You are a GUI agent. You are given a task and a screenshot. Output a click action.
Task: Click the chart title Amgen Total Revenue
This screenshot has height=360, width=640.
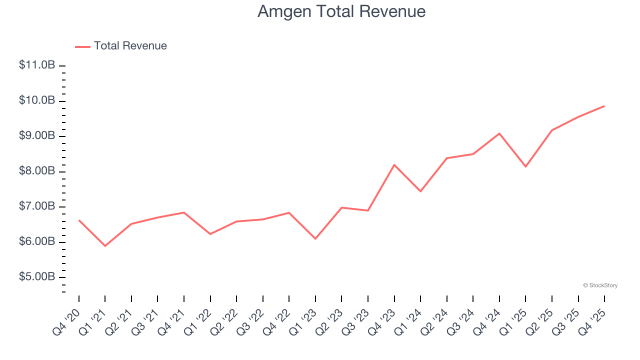pyautogui.click(x=341, y=11)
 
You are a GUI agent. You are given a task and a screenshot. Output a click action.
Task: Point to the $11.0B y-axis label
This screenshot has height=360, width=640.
pyautogui.click(x=37, y=65)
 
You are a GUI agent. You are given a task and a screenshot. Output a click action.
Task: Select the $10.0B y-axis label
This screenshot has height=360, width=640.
pyautogui.click(x=37, y=100)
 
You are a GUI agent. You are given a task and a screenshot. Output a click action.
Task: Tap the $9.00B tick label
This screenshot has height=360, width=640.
pyautogui.click(x=37, y=136)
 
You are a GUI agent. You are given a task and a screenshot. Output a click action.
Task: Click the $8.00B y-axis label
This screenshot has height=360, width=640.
pyautogui.click(x=37, y=171)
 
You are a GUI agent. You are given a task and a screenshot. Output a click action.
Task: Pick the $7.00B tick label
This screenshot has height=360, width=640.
pyautogui.click(x=37, y=206)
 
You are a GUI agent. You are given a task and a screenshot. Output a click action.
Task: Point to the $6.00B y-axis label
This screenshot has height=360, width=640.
pyautogui.click(x=37, y=242)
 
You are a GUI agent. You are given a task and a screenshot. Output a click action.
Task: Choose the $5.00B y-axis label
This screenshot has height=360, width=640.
pyautogui.click(x=37, y=277)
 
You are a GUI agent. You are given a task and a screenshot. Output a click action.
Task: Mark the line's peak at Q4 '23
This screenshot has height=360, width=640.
pyautogui.click(x=394, y=164)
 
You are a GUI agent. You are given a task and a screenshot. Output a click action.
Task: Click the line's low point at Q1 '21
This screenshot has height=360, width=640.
pyautogui.click(x=105, y=246)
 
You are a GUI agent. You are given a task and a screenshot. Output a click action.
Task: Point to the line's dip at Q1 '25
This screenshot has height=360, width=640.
pyautogui.click(x=525, y=166)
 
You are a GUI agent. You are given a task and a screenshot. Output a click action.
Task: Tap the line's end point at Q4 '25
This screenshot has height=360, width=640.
pyautogui.click(x=604, y=106)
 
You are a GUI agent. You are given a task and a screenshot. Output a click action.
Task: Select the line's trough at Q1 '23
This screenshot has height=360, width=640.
pyautogui.click(x=315, y=238)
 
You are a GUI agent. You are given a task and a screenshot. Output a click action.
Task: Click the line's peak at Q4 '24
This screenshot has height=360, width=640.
pyautogui.click(x=499, y=133)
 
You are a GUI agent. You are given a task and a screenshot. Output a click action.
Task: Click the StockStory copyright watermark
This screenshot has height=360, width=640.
pyautogui.click(x=600, y=285)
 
